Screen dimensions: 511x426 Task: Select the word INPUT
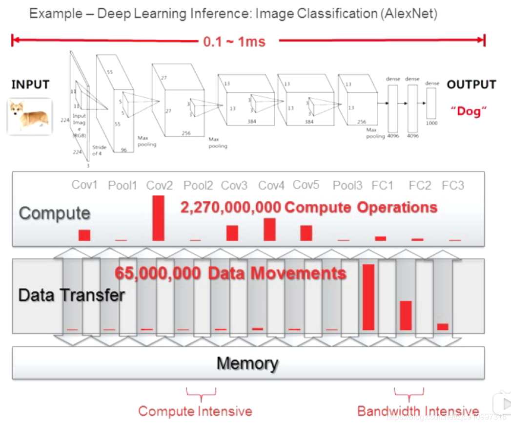(30, 85)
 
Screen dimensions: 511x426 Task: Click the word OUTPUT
(471, 85)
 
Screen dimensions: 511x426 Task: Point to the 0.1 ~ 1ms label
(234, 42)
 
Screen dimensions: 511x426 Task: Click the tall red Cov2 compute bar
(158, 218)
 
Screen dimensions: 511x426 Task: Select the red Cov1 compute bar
(84, 235)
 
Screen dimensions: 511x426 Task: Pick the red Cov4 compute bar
(269, 229)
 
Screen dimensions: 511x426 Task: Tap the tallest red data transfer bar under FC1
(368, 297)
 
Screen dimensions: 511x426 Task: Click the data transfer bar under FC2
(406, 316)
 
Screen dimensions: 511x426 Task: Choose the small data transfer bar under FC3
(443, 327)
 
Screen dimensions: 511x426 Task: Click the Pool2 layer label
(198, 186)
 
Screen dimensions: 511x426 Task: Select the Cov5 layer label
(306, 185)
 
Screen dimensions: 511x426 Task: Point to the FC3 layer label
(453, 186)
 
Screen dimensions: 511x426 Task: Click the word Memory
(247, 363)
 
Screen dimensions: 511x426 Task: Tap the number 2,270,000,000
(231, 207)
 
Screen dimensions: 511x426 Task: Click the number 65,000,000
(157, 273)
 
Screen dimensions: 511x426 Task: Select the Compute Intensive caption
(195, 411)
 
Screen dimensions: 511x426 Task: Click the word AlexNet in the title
(409, 13)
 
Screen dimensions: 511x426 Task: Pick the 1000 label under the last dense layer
(431, 123)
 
